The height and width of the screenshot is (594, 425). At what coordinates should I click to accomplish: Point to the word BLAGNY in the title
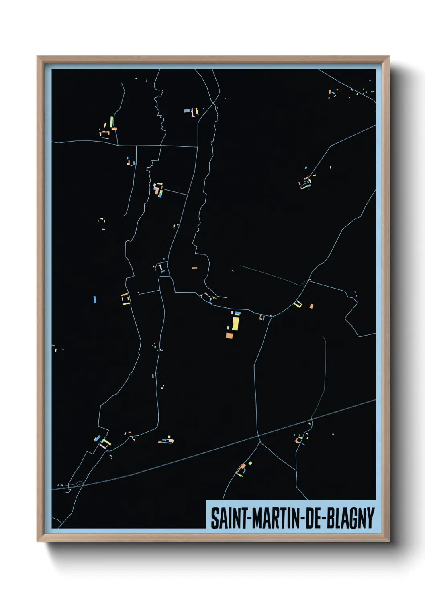tap(350, 518)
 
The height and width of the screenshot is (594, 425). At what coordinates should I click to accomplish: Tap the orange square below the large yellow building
tap(229, 336)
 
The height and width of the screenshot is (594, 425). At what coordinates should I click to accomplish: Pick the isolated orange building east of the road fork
tap(311, 306)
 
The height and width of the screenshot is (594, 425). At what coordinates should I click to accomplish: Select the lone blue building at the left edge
tap(95, 299)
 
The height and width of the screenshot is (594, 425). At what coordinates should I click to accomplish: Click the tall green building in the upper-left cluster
tap(111, 122)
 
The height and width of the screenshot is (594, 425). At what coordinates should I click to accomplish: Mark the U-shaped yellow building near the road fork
tap(298, 304)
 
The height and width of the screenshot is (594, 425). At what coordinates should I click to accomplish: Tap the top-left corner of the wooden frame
tap(38, 57)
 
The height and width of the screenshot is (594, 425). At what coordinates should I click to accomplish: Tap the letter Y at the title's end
tap(370, 518)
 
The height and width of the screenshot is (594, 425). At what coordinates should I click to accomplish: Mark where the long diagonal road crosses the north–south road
tap(259, 436)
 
